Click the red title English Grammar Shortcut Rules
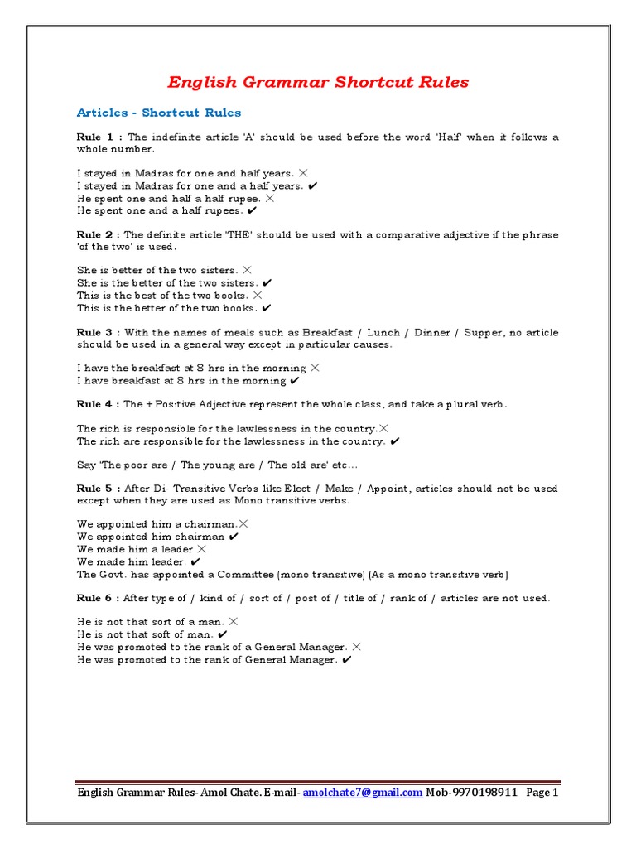(318, 82)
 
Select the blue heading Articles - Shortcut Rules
(159, 113)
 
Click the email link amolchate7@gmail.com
(363, 793)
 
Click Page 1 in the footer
(542, 793)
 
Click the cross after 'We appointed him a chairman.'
(243, 523)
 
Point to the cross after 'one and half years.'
(303, 173)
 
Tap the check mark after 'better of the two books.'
(267, 308)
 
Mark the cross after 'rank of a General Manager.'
(356, 647)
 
